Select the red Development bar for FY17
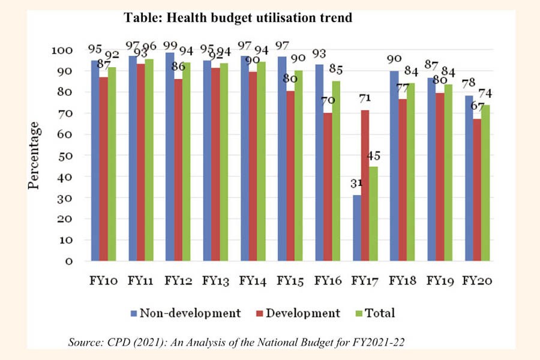click(x=365, y=185)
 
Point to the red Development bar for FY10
click(x=103, y=169)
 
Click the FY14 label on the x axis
click(x=253, y=280)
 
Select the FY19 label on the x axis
click(x=440, y=280)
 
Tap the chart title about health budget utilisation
click(x=238, y=19)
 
